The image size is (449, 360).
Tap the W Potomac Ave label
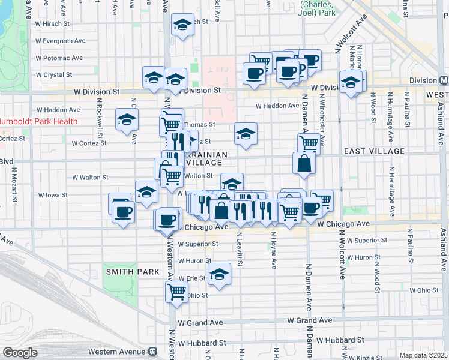coord(59,58)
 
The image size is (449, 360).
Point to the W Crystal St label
coord(54,75)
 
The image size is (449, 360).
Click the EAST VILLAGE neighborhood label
coord(375,152)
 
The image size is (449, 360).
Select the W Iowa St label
coord(53,195)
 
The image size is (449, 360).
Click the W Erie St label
coord(193,278)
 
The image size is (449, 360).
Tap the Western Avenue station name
coord(117,351)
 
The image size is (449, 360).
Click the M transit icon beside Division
coord(444,80)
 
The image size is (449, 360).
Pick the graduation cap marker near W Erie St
coord(219,274)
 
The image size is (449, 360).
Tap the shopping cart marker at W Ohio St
coord(176,292)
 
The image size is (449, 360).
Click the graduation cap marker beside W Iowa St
coord(146,192)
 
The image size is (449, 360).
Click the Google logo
coord(20,353)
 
